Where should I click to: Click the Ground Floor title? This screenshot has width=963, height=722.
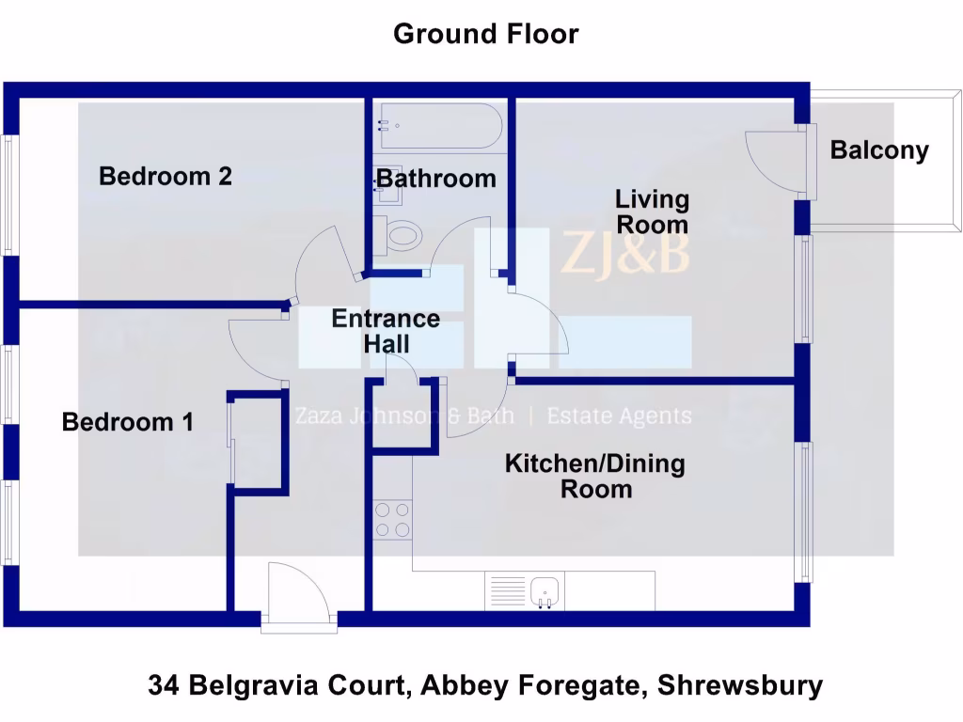485,34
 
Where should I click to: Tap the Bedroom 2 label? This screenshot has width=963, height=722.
166,176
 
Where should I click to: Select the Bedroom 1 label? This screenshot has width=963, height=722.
128,422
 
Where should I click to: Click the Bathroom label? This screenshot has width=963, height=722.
436,178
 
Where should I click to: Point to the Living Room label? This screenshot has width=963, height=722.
652,212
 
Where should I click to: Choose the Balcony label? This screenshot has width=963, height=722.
879,150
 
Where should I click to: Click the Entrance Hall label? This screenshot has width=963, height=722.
386,331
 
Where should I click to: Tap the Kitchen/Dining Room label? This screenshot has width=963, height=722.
595,476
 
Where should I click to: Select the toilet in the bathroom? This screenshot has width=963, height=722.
399,234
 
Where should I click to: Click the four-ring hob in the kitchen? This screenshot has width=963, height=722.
393,520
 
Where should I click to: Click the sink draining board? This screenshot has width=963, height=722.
508,590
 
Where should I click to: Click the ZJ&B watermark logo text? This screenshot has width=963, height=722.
624,254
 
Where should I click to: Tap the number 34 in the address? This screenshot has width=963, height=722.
164,685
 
